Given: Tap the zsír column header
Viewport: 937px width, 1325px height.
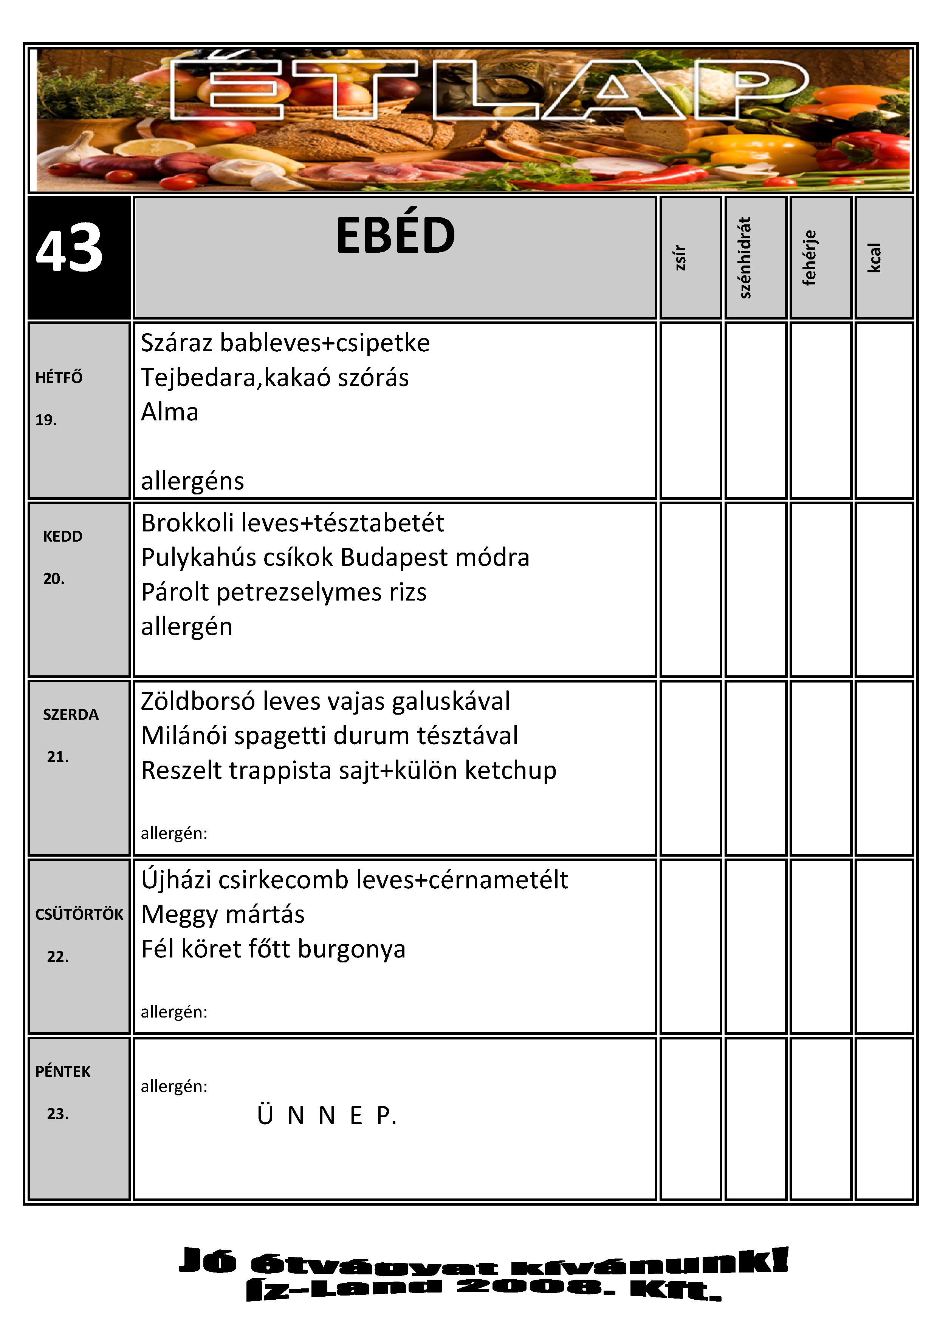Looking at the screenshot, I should [x=681, y=257].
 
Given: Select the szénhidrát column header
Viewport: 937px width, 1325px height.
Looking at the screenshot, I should [x=745, y=257].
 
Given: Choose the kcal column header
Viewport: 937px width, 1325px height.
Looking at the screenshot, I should [x=875, y=257].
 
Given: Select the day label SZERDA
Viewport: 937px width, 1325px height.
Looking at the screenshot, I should [x=70, y=715].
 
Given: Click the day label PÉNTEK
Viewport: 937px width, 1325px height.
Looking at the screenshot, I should [x=63, y=1072].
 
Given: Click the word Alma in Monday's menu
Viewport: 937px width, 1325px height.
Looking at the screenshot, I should [x=170, y=412].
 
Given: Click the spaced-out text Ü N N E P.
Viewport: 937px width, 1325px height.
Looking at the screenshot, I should [x=327, y=1115].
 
